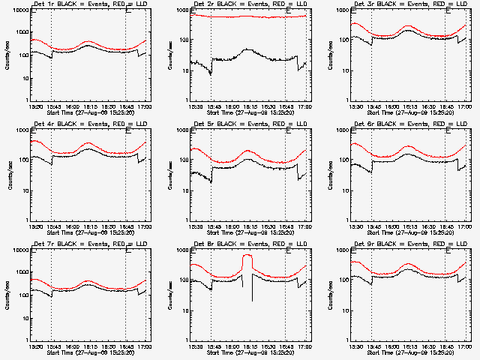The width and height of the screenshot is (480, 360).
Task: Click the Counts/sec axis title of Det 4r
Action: tap(10, 175)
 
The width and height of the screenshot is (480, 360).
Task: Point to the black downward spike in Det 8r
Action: tap(252, 289)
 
